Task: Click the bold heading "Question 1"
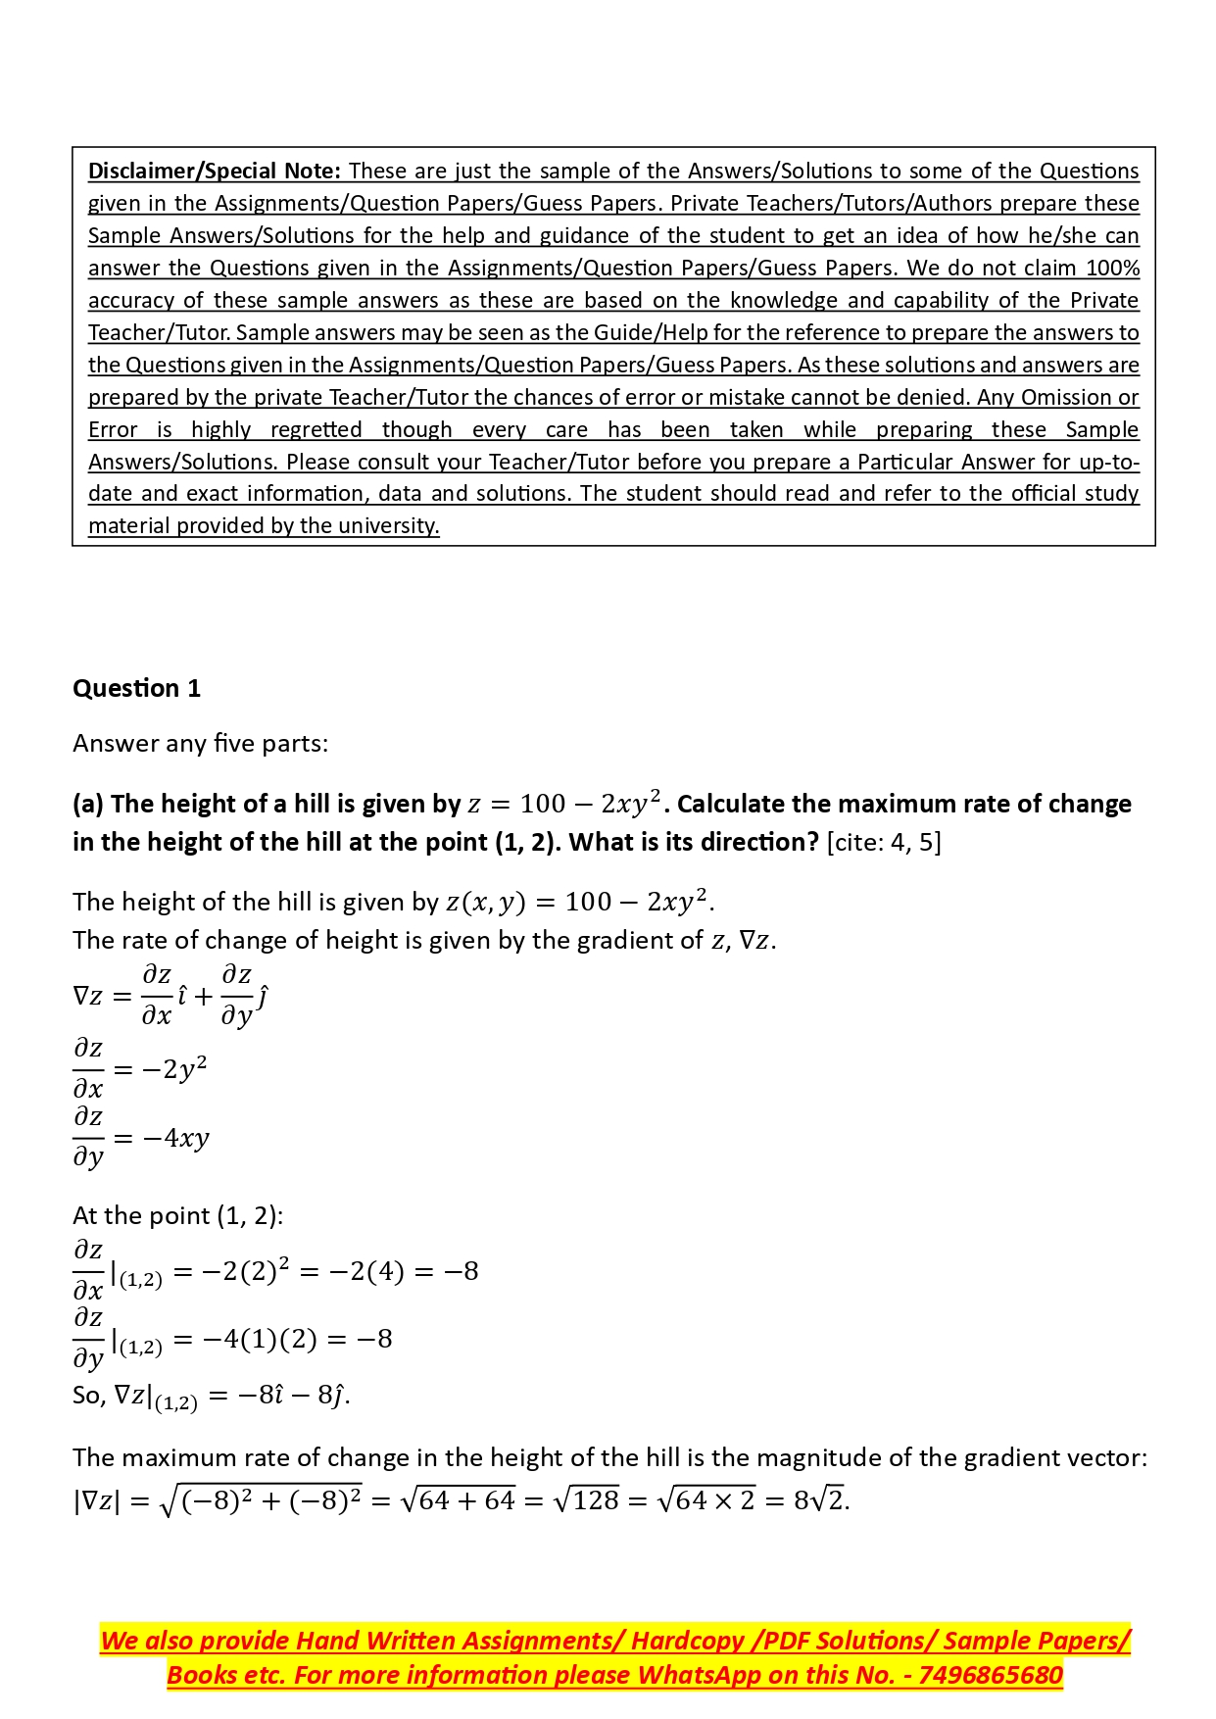point(136,688)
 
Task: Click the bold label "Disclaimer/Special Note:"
point(215,171)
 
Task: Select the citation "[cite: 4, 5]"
point(884,842)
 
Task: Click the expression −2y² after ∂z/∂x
point(173,1068)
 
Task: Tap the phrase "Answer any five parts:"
point(200,743)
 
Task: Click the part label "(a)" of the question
point(89,804)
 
